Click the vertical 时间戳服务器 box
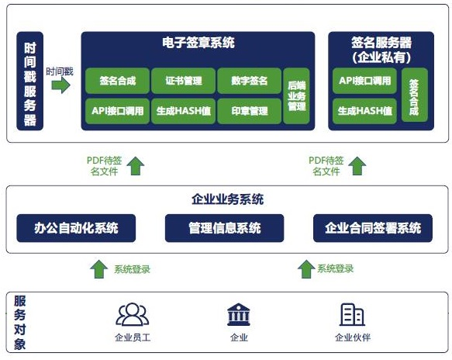[x=30, y=81]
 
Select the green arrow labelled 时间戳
[x=60, y=85]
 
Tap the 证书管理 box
[x=183, y=81]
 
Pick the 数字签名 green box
[x=250, y=81]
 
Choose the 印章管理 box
[x=250, y=111]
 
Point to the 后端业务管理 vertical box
[x=296, y=96]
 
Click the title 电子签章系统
[x=198, y=43]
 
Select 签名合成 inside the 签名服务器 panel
[x=415, y=95]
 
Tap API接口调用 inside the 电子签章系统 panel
[x=118, y=111]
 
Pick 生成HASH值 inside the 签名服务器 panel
[x=364, y=111]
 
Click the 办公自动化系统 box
[x=76, y=228]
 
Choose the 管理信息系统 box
[x=225, y=228]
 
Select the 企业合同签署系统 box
[x=373, y=228]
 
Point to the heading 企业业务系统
[x=228, y=199]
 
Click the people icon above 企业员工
[x=133, y=314]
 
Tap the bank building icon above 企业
[x=239, y=314]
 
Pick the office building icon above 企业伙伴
[x=352, y=314]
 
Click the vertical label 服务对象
[x=20, y=323]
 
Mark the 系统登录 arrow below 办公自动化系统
[x=99, y=269]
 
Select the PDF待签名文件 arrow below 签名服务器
[x=357, y=166]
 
